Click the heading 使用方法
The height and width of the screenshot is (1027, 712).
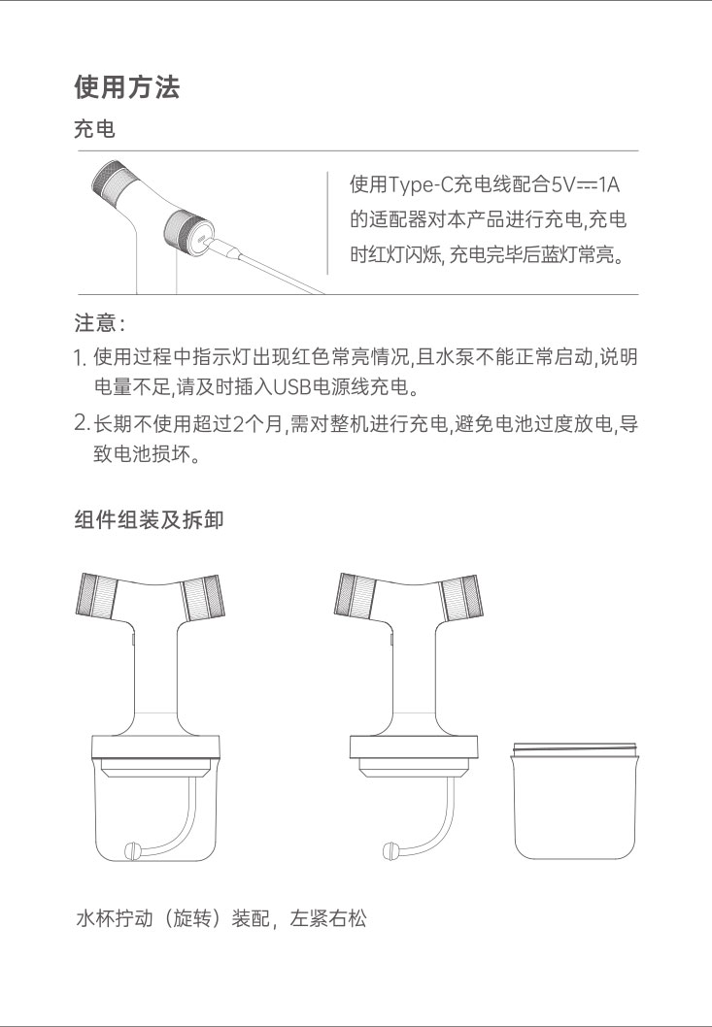click(x=126, y=86)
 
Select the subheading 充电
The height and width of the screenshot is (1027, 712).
click(x=94, y=129)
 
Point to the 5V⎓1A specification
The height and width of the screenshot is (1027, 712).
click(x=584, y=184)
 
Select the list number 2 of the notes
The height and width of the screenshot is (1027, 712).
click(x=81, y=423)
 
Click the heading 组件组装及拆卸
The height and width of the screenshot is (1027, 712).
click(x=149, y=519)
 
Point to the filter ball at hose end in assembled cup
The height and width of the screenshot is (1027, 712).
click(x=132, y=850)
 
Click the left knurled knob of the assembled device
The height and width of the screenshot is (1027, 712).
click(x=96, y=595)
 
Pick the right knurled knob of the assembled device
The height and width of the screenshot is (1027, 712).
click(x=203, y=597)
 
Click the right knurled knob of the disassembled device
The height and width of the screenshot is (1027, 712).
click(x=461, y=597)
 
